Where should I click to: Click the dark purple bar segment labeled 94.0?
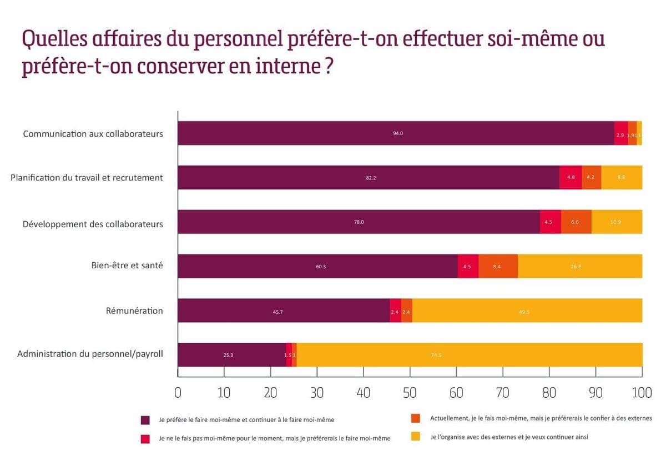[396, 133]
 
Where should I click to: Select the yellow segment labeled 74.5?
[470, 355]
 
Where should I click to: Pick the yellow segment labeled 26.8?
[580, 266]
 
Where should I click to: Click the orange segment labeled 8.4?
[498, 266]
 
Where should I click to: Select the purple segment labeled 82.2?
[369, 178]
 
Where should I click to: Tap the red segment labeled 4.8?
[571, 178]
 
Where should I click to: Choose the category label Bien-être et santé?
[127, 266]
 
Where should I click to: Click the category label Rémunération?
[134, 311]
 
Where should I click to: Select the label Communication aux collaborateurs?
[93, 134]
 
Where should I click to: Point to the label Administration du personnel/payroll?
[90, 354]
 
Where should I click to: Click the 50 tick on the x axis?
[410, 392]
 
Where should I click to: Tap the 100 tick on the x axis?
[642, 392]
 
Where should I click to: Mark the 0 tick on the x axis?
[178, 392]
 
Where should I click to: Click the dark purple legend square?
[145, 420]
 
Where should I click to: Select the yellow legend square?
[416, 437]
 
